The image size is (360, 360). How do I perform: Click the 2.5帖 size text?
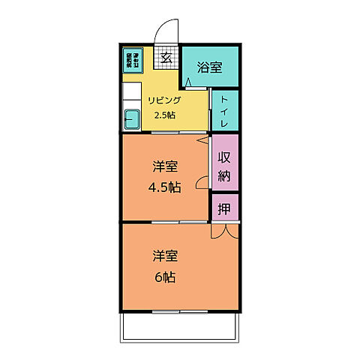(x=164, y=115)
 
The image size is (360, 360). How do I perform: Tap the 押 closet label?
(x=224, y=208)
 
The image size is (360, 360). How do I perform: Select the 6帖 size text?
(x=166, y=277)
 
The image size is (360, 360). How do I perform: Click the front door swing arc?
(x=166, y=31)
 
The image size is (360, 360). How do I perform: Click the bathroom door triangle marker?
(x=189, y=79)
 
